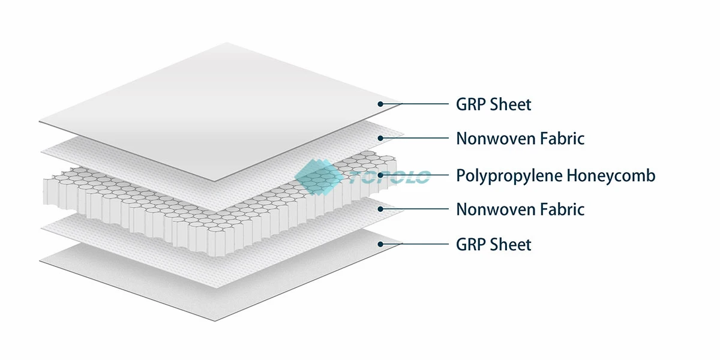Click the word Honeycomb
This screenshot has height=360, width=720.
tap(610, 176)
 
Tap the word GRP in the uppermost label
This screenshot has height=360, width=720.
tap(470, 104)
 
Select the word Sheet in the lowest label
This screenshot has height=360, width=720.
tap(511, 244)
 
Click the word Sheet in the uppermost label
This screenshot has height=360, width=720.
tap(511, 104)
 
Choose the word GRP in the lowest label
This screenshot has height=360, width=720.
tap(470, 244)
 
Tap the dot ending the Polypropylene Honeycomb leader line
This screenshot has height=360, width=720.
tap(380, 176)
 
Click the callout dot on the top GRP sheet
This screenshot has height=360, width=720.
tap(380, 104)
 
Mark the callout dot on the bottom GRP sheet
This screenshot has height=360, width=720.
tap(380, 244)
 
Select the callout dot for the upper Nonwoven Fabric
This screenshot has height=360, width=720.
tap(380, 139)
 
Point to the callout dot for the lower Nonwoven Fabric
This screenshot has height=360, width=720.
tap(380, 209)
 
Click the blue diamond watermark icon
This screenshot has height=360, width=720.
tap(314, 176)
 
